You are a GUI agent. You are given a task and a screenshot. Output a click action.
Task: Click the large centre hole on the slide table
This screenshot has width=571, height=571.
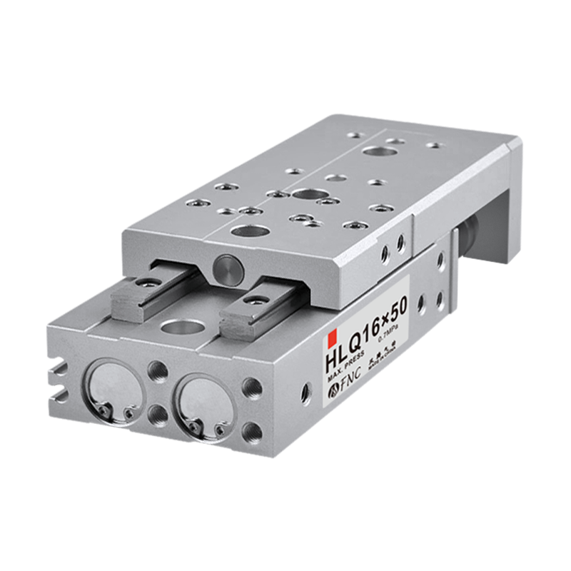[x=307, y=194]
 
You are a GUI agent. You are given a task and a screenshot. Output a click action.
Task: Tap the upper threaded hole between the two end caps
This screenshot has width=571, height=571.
[x=156, y=370]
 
